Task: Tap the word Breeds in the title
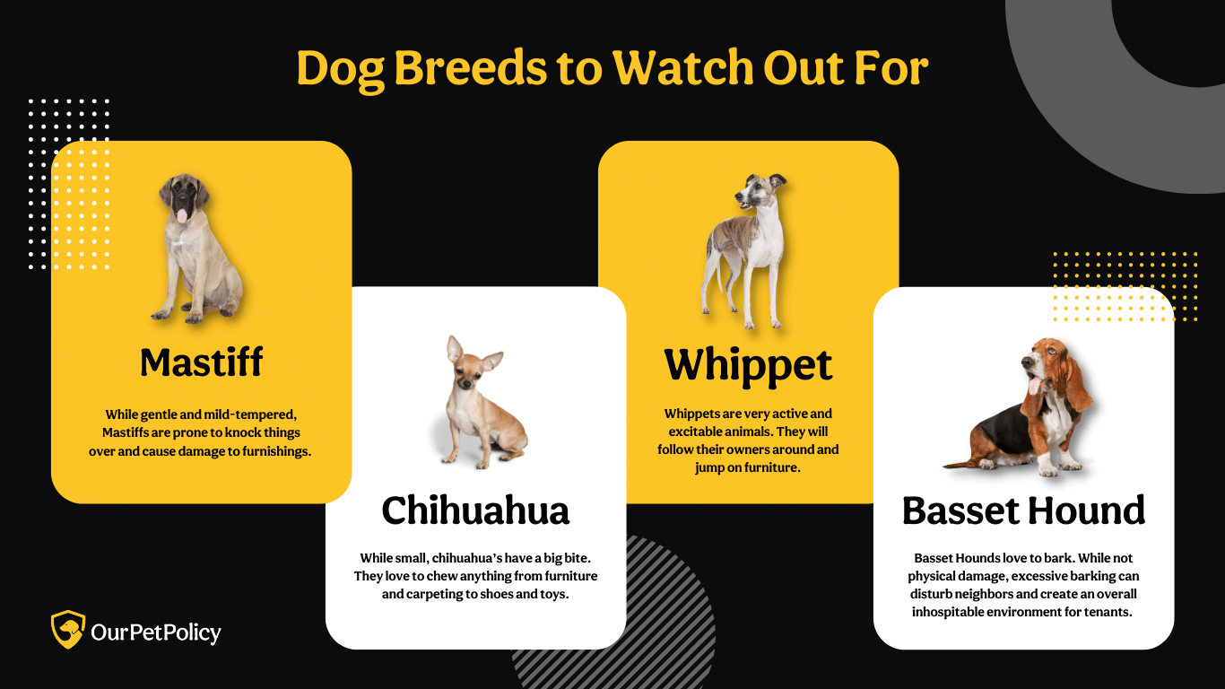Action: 470,67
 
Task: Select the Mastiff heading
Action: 201,362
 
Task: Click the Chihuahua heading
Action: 475,510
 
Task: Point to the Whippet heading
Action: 748,366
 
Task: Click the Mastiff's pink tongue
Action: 181,215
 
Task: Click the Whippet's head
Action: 760,192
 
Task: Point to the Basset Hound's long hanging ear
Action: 1074,378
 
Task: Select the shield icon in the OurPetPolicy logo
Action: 68,630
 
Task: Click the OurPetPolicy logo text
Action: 156,632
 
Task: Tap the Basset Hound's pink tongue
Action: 1034,387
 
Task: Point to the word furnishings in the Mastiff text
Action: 277,451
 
